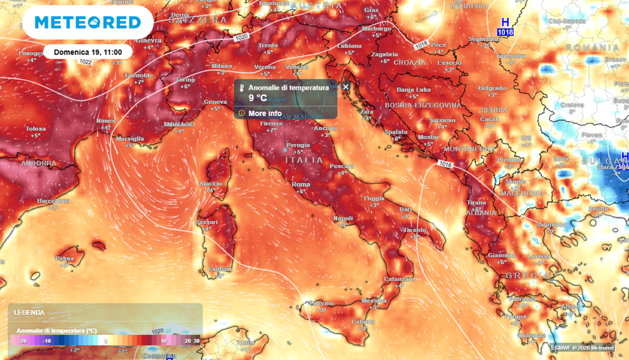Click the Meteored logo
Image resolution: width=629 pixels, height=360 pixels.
(x=87, y=23)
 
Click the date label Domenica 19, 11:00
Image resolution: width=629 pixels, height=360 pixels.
(x=88, y=52)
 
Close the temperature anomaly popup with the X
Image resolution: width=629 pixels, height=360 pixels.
(x=345, y=87)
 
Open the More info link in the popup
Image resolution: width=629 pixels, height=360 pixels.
(x=265, y=114)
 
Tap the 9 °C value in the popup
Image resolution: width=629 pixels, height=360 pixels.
(x=257, y=98)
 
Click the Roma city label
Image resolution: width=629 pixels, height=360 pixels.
(x=300, y=184)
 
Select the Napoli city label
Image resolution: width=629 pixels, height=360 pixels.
(x=343, y=218)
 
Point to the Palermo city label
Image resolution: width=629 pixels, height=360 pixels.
(x=321, y=303)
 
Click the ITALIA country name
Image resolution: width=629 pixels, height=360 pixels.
(x=304, y=160)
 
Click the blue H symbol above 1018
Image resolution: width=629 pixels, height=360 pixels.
(x=506, y=22)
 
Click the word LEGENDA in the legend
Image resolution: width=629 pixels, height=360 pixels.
(x=29, y=313)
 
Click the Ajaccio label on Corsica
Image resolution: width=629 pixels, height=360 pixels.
(x=211, y=184)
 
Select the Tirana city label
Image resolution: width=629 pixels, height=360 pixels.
(x=477, y=202)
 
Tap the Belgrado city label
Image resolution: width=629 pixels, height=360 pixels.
(x=492, y=88)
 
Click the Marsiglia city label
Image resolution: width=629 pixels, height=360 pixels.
(x=130, y=139)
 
